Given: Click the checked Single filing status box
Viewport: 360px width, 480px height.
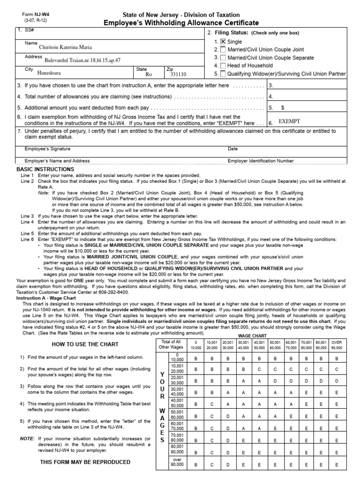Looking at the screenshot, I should pos(223,42).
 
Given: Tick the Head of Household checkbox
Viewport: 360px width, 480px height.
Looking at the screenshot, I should pos(223,66).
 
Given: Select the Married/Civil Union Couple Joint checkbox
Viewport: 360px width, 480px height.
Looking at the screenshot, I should pos(223,50).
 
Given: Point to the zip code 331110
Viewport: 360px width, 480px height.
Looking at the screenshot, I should pos(178,74).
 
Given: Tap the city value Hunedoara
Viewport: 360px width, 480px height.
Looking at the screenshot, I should pos(49,74).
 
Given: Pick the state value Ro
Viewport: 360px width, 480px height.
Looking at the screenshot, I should pos(149,74).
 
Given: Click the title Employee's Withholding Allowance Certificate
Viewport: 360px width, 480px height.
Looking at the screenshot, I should pos(180,23).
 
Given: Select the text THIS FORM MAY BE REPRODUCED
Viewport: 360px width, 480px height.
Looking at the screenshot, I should pos(78,462).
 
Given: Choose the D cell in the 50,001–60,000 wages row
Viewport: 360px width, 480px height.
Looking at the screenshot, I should pos(227,415).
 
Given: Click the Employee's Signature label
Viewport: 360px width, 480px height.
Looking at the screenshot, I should pos(47,149).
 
